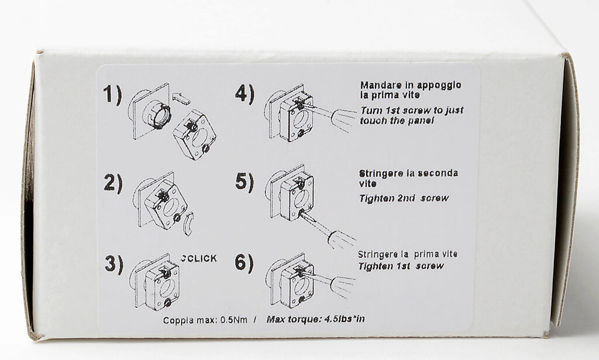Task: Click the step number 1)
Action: pyautogui.click(x=113, y=95)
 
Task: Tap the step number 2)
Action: pyautogui.click(x=113, y=183)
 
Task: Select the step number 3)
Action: pyautogui.click(x=114, y=263)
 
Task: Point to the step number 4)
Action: pyautogui.click(x=245, y=94)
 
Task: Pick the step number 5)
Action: pyautogui.click(x=245, y=181)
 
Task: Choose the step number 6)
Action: pyautogui.click(x=244, y=263)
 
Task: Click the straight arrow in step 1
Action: pyautogui.click(x=181, y=98)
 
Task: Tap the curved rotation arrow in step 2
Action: pyautogui.click(x=188, y=224)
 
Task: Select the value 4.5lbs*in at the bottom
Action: pyautogui.click(x=344, y=318)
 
